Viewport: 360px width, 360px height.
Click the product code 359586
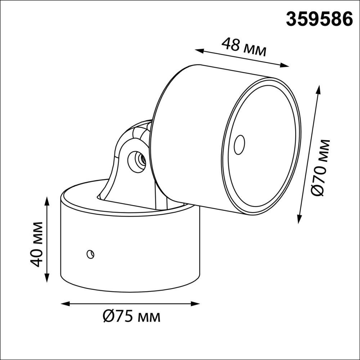[319, 19]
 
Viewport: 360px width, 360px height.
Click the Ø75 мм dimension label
[131, 317]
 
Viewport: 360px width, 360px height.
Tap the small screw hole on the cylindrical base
[90, 254]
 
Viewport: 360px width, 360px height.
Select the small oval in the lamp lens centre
[239, 145]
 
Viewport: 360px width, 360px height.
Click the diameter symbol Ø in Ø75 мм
[108, 317]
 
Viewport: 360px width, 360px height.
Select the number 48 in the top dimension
[230, 45]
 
